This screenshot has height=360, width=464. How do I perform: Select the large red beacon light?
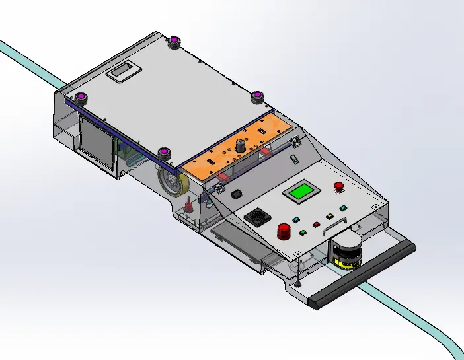point(284,231)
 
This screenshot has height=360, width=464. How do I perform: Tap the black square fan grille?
point(255,217)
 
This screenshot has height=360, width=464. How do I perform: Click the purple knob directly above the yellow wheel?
point(165,153)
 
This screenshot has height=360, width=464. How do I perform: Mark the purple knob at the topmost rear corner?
point(174,43)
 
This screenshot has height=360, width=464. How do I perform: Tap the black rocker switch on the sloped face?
point(236,194)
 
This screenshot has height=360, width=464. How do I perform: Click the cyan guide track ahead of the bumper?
point(423,318)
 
